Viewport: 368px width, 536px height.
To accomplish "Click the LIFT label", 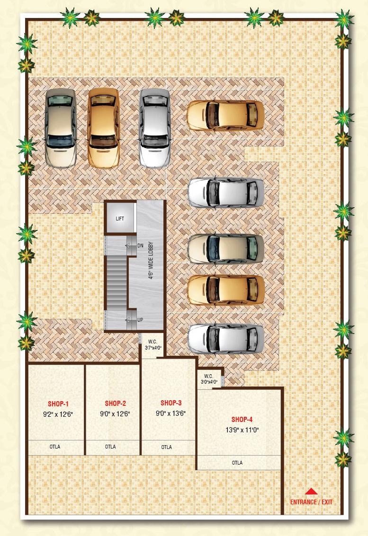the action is click(x=120, y=219).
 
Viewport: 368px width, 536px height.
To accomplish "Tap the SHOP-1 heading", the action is click(x=58, y=404).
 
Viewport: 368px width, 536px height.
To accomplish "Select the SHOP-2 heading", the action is click(x=116, y=404).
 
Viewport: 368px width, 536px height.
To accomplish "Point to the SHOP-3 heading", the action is click(x=171, y=403).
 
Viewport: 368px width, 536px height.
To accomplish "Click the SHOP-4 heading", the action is click(x=242, y=420).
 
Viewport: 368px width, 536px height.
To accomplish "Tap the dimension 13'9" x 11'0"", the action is click(x=242, y=430).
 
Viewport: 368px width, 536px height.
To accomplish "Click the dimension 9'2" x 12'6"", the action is click(x=58, y=414).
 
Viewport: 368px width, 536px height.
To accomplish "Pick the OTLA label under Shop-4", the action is click(x=237, y=463).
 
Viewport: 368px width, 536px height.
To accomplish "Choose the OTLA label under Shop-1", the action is click(x=55, y=447).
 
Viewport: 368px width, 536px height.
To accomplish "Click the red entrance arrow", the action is click(x=311, y=492).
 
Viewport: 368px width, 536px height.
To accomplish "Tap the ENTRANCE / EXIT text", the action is click(x=311, y=502).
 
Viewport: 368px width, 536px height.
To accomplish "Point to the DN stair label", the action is click(x=140, y=246).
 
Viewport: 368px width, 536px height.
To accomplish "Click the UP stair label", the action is click(x=140, y=320).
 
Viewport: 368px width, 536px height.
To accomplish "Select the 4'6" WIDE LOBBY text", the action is click(x=151, y=261).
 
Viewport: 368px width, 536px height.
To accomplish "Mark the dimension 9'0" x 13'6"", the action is click(x=171, y=413).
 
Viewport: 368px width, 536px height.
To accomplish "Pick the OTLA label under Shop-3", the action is click(x=167, y=447).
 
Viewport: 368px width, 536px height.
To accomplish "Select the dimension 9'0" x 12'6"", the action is click(x=115, y=414).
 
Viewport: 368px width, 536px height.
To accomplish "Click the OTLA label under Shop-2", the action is click(x=110, y=447).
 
